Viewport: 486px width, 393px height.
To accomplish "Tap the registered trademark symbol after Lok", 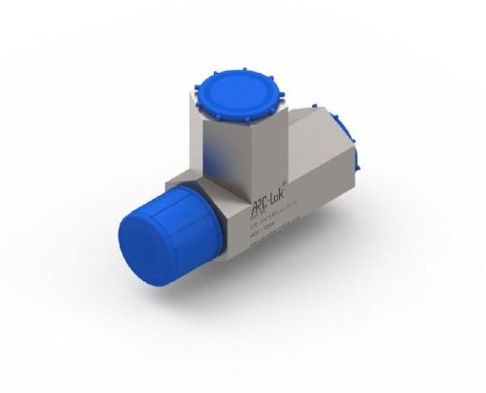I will [x=283, y=187].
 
